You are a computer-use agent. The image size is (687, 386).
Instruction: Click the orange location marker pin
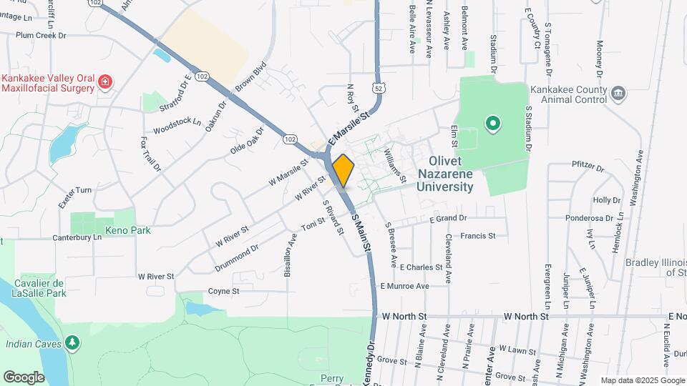(x=343, y=170)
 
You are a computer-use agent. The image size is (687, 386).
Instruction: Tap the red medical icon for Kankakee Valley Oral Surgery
(x=106, y=81)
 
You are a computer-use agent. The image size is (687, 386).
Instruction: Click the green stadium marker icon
(x=492, y=124)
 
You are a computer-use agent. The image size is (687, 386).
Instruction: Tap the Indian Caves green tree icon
(x=72, y=344)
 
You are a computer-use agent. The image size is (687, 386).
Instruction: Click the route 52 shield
(x=377, y=87)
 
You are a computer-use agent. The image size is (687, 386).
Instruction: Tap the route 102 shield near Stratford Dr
(x=202, y=76)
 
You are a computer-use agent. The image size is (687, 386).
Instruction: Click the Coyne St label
(x=223, y=292)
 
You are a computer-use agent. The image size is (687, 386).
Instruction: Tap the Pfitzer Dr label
(x=588, y=165)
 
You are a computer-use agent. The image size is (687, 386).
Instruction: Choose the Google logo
(x=24, y=377)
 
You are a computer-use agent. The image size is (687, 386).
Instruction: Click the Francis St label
(x=478, y=235)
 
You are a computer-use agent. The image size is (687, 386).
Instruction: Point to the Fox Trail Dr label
(x=151, y=154)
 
